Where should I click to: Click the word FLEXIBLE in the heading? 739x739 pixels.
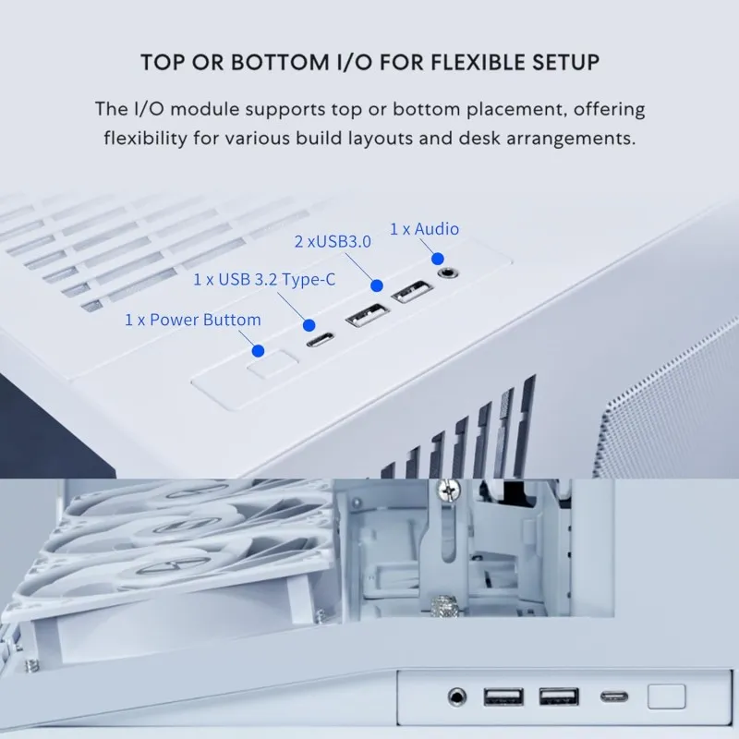[469, 63]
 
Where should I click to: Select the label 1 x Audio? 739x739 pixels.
[424, 228]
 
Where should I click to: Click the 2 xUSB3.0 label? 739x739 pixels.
[333, 242]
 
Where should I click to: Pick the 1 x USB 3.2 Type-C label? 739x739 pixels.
[264, 279]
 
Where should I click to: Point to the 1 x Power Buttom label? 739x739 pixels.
[192, 320]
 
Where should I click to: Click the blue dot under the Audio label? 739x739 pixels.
[439, 259]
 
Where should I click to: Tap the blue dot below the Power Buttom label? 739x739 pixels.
[259, 351]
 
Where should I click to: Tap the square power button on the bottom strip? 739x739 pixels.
[666, 696]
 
